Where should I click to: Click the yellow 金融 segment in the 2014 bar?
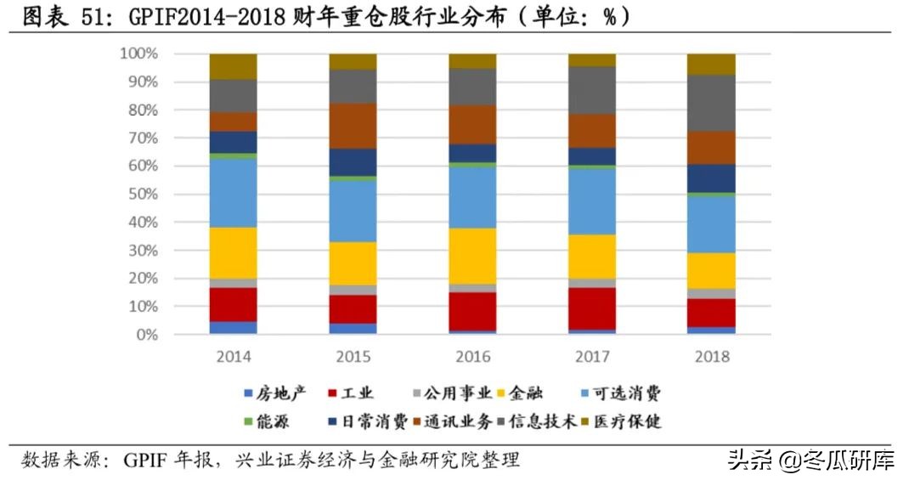[x=234, y=252]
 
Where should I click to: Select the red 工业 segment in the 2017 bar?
[x=592, y=308]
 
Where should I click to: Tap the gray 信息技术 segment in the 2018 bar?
[x=711, y=103]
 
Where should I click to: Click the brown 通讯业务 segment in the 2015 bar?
[x=353, y=126]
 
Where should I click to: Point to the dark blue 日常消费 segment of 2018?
[x=711, y=178]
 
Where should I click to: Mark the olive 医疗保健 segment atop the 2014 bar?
[x=234, y=66]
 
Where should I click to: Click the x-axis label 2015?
[x=353, y=356]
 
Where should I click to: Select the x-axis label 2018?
[x=711, y=356]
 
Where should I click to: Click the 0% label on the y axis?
[x=146, y=335]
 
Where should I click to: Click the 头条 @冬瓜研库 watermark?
[x=811, y=461]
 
